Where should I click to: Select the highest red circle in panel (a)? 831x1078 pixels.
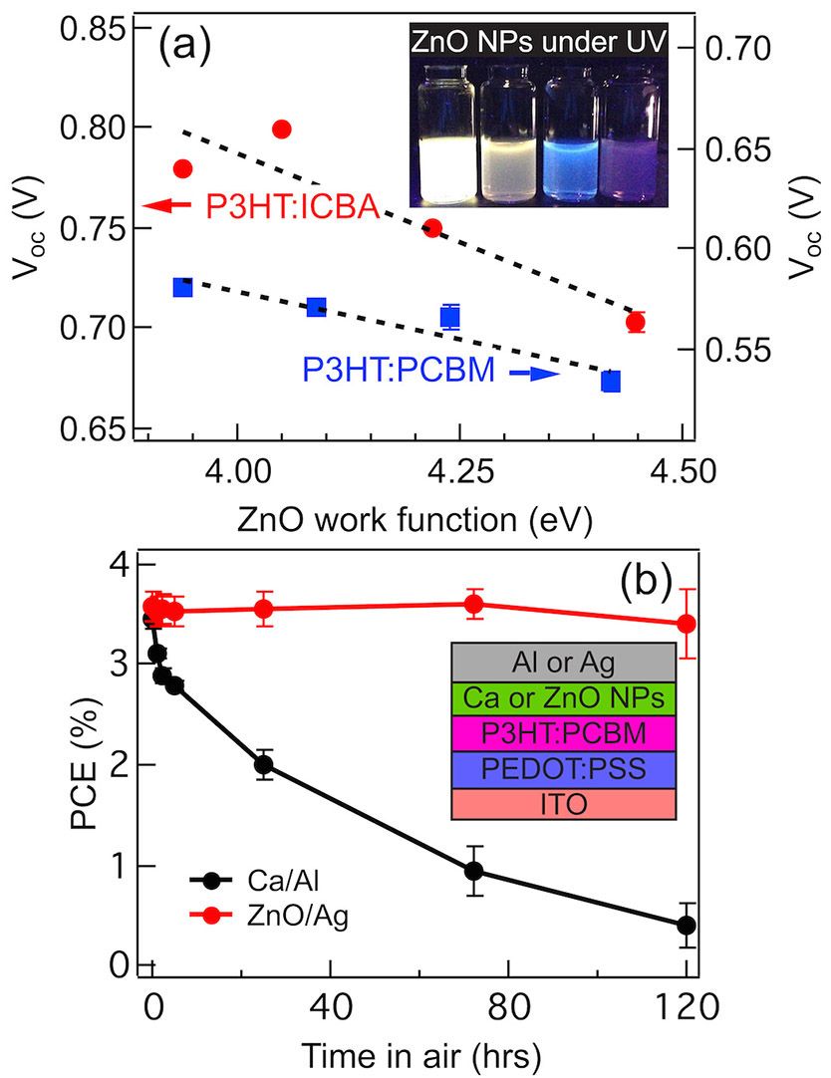(281, 130)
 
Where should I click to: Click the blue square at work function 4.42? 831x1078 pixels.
(611, 381)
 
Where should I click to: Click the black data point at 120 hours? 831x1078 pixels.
(686, 926)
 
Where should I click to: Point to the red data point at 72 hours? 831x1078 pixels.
(474, 604)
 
